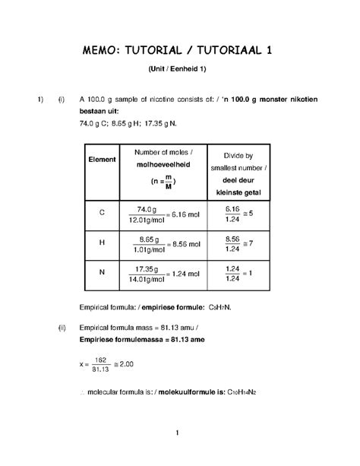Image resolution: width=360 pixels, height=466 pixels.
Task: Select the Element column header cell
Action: pyautogui.click(x=102, y=160)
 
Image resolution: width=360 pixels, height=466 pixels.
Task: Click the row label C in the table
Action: pyautogui.click(x=102, y=214)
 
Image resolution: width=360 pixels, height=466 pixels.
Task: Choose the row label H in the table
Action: pyautogui.click(x=102, y=243)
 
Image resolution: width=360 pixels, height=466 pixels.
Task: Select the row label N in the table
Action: pyautogui.click(x=102, y=273)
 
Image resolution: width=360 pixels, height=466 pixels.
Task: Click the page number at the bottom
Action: pyautogui.click(x=176, y=434)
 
